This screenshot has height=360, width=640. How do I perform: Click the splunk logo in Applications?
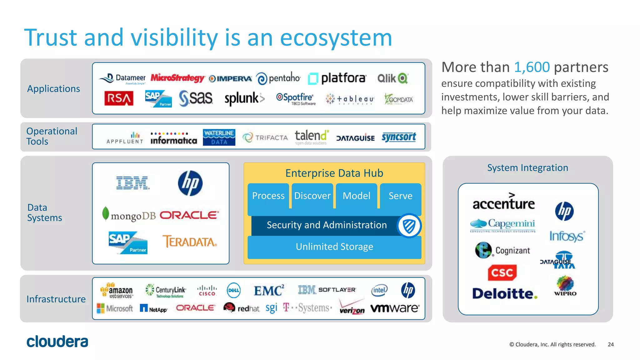tap(244, 99)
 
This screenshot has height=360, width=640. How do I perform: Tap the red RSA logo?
tap(119, 99)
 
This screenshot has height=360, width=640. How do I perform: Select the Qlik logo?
tap(392, 78)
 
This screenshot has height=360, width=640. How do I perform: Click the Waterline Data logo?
tap(219, 137)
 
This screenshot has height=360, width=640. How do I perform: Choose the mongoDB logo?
tap(129, 215)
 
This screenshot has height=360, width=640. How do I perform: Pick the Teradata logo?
tap(189, 242)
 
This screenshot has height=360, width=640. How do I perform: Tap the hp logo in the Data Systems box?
tap(190, 183)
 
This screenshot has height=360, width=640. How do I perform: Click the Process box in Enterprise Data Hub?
tap(268, 196)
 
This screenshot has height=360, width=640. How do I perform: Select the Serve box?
tap(400, 196)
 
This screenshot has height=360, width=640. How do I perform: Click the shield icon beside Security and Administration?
tap(409, 226)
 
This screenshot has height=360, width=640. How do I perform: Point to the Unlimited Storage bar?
tap(334, 247)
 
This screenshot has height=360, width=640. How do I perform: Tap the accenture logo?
tap(503, 202)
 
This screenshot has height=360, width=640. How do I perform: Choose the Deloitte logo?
tap(504, 293)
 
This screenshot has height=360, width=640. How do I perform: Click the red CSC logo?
tap(502, 272)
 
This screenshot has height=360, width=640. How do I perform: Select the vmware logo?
tap(395, 308)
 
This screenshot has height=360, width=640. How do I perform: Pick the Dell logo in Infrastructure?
tap(233, 290)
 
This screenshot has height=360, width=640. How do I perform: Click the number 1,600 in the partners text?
tap(532, 67)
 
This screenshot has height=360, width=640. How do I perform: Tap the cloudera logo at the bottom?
tap(57, 342)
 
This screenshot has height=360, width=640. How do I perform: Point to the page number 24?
tap(611, 344)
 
